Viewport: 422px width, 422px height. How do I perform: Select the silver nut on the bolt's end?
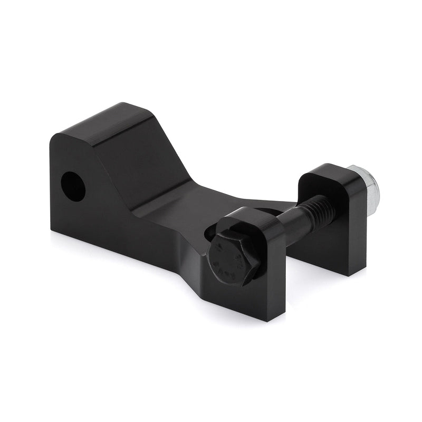[364, 188]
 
